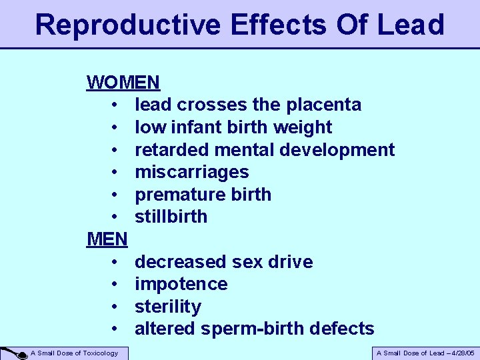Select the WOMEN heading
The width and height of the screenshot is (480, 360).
(123, 83)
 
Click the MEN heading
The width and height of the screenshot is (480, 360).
(107, 239)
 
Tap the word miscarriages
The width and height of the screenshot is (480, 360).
(192, 172)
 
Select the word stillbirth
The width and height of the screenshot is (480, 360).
(171, 217)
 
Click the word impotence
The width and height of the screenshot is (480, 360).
(181, 284)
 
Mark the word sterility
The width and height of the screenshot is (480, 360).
(167, 307)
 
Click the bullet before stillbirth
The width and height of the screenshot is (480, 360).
(115, 217)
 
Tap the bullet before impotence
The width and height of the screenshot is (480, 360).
(115, 284)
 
